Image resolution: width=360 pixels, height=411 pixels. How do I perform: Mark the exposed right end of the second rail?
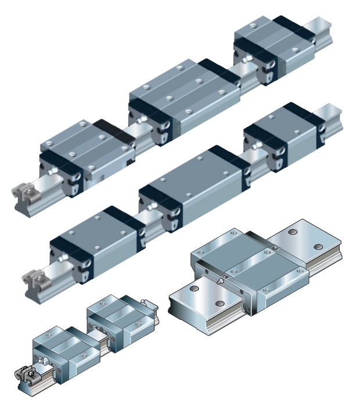(332, 113)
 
